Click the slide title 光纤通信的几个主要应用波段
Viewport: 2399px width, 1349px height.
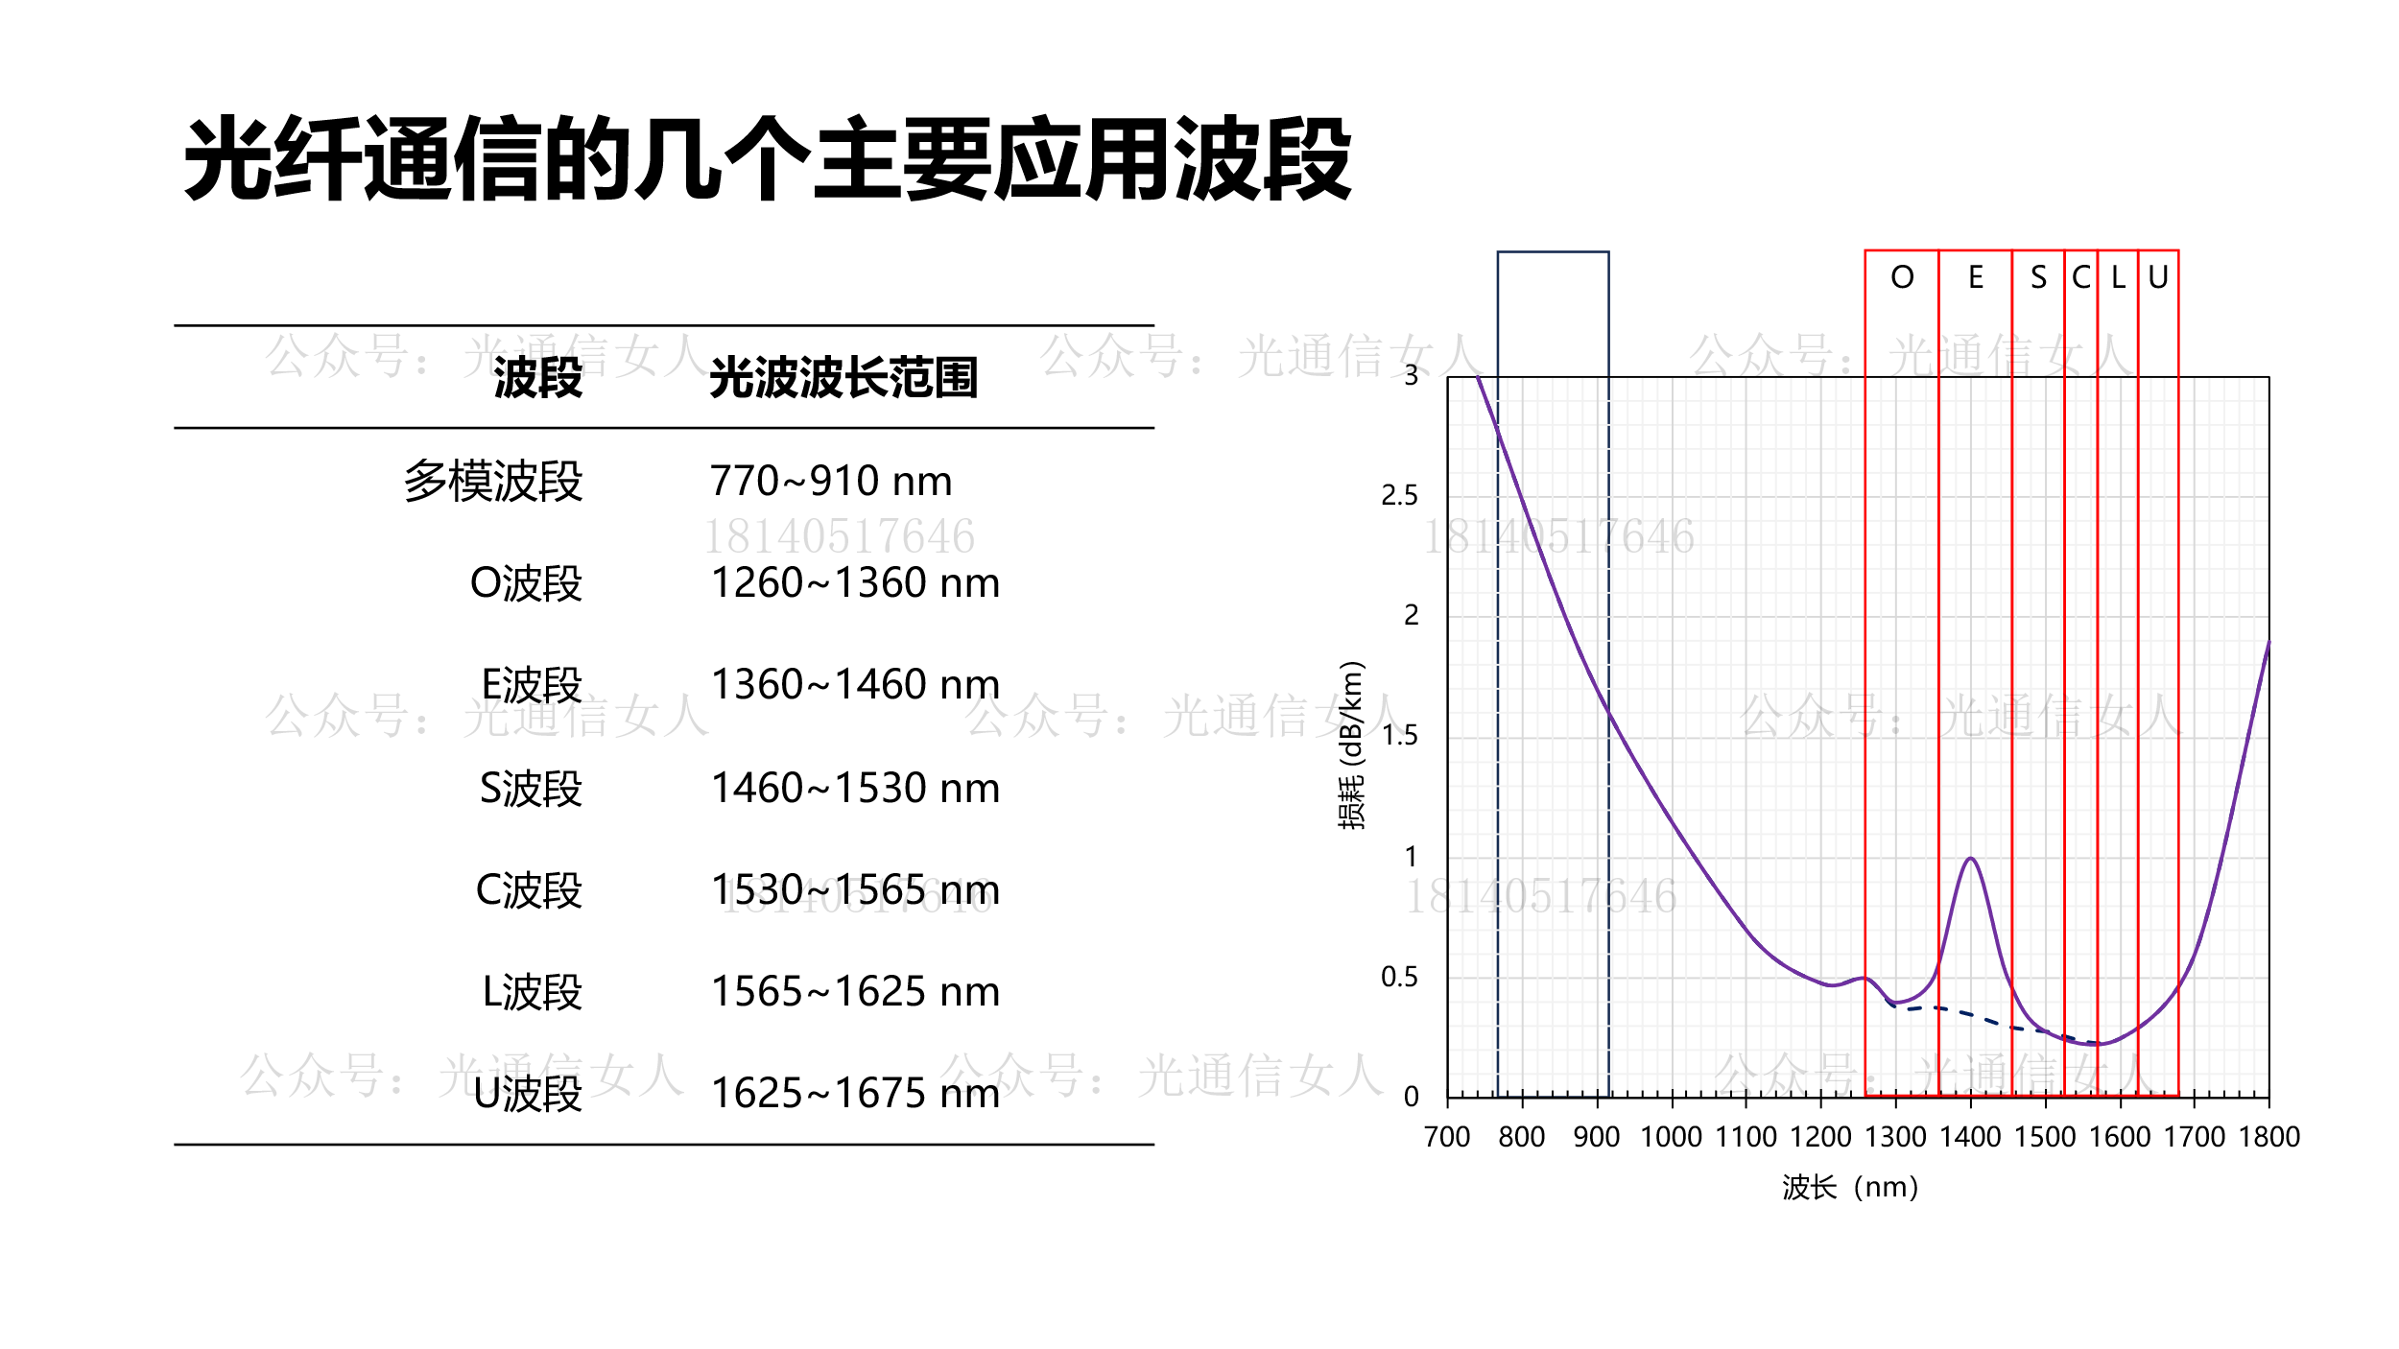[768, 159]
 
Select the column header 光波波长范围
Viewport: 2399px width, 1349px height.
[843, 378]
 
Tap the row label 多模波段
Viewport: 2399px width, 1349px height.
[492, 482]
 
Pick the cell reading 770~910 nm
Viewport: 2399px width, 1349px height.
[831, 482]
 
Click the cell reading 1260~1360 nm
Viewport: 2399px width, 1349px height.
[855, 583]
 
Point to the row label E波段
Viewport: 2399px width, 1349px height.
[532, 685]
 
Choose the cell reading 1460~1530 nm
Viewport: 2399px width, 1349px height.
[855, 789]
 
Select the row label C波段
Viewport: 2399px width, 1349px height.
[529, 890]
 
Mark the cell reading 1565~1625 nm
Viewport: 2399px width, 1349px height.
[855, 992]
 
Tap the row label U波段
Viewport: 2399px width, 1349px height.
[528, 1094]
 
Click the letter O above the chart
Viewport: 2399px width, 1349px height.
[1902, 278]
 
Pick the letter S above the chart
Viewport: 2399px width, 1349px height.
[2038, 278]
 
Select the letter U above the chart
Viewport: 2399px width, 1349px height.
[2158, 278]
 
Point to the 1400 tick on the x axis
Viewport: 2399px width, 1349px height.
[1970, 1137]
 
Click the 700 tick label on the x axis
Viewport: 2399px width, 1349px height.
[1447, 1137]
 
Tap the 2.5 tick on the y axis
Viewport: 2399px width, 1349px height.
[1399, 496]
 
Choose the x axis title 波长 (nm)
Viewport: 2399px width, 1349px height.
[1850, 1188]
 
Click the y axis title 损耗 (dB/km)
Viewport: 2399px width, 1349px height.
[1351, 745]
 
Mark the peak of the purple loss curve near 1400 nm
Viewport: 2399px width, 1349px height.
[1971, 859]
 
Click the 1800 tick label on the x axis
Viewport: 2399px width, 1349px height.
[2269, 1137]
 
